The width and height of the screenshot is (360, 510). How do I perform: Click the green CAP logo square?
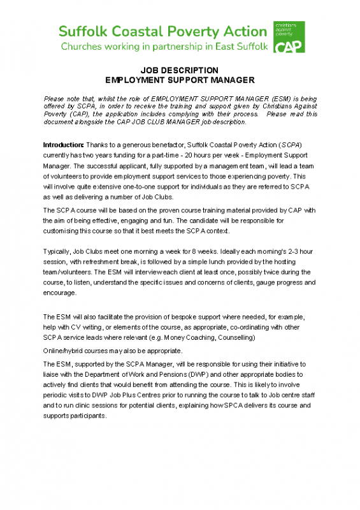[x=289, y=36]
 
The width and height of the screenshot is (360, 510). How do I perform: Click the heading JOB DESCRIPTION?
[x=179, y=70]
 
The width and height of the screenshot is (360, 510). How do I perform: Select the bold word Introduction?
[x=63, y=145]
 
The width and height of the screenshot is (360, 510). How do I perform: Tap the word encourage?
[x=60, y=293]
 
